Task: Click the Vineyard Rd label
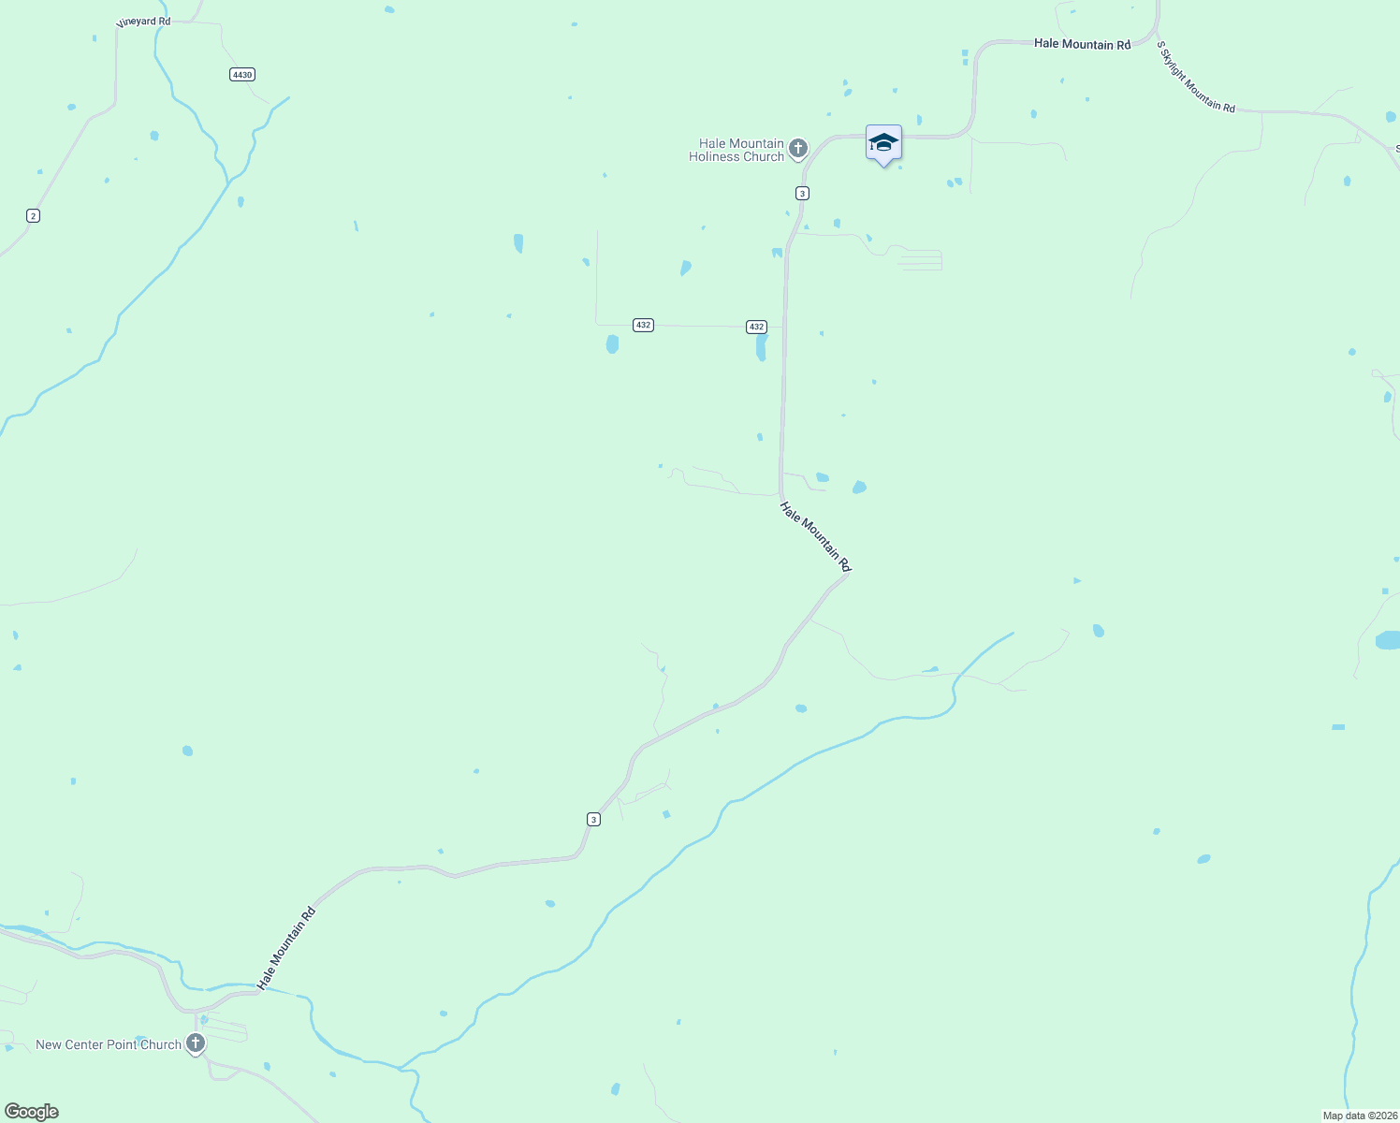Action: (143, 22)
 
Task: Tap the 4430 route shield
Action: (242, 74)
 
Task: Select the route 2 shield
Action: (34, 216)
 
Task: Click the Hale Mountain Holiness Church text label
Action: (736, 150)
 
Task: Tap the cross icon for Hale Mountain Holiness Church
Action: (798, 148)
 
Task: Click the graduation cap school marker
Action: (883, 144)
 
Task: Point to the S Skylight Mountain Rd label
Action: (1195, 77)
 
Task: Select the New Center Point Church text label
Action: (109, 1044)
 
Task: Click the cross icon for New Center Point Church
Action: (196, 1043)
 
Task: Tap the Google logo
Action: (31, 1112)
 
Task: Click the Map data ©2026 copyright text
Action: (1359, 1116)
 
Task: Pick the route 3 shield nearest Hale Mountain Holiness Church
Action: (802, 193)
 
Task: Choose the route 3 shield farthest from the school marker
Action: (593, 819)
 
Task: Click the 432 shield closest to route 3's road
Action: (756, 327)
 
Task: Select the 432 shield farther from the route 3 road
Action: (642, 325)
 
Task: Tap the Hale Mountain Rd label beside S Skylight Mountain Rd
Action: (1082, 44)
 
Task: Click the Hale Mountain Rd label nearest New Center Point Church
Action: (286, 948)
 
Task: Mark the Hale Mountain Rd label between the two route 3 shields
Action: (815, 536)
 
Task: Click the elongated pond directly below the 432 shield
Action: (761, 347)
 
